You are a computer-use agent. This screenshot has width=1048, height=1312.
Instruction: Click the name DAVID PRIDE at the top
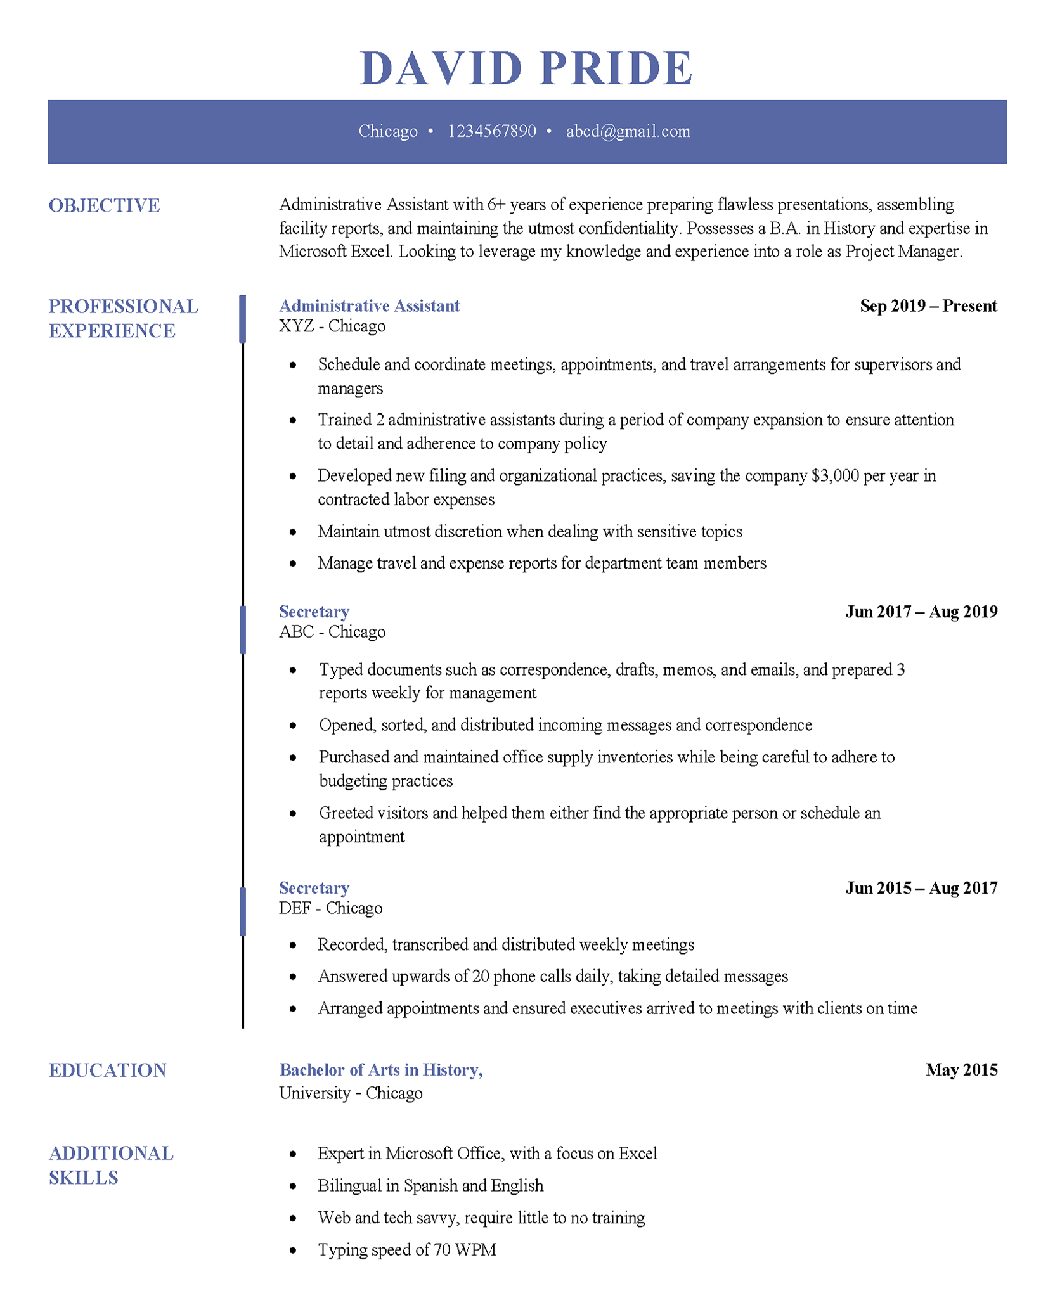pyautogui.click(x=526, y=68)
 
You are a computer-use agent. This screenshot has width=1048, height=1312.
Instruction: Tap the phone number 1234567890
pyautogui.click(x=491, y=131)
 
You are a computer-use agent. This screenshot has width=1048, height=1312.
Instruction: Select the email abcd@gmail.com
pyautogui.click(x=628, y=131)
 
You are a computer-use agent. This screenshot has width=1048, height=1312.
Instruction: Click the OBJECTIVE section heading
pyautogui.click(x=105, y=205)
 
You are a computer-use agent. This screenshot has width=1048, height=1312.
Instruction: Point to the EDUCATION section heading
pyautogui.click(x=107, y=1070)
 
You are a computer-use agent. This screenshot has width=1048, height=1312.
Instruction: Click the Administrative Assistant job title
pyautogui.click(x=369, y=306)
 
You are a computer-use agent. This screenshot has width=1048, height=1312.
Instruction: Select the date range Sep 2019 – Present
pyautogui.click(x=928, y=306)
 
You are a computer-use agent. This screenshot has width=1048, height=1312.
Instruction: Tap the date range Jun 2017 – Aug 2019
pyautogui.click(x=921, y=612)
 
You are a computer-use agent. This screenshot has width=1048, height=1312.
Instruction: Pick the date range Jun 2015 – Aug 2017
pyautogui.click(x=921, y=888)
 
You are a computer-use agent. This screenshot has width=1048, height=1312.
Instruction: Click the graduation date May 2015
pyautogui.click(x=961, y=1070)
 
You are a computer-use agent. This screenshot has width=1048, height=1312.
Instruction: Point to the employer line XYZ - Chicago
pyautogui.click(x=332, y=326)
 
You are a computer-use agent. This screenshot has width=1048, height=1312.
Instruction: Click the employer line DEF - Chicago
pyautogui.click(x=330, y=908)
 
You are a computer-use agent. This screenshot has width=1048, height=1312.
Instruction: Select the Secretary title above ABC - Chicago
pyautogui.click(x=314, y=612)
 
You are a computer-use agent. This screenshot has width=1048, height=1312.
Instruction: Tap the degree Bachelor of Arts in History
pyautogui.click(x=380, y=1070)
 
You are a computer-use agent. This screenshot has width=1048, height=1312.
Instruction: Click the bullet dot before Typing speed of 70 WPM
pyautogui.click(x=293, y=1251)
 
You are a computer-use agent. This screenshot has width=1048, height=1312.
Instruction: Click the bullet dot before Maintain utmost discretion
pyautogui.click(x=293, y=532)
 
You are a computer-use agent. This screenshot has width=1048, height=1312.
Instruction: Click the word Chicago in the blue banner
pyautogui.click(x=387, y=131)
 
